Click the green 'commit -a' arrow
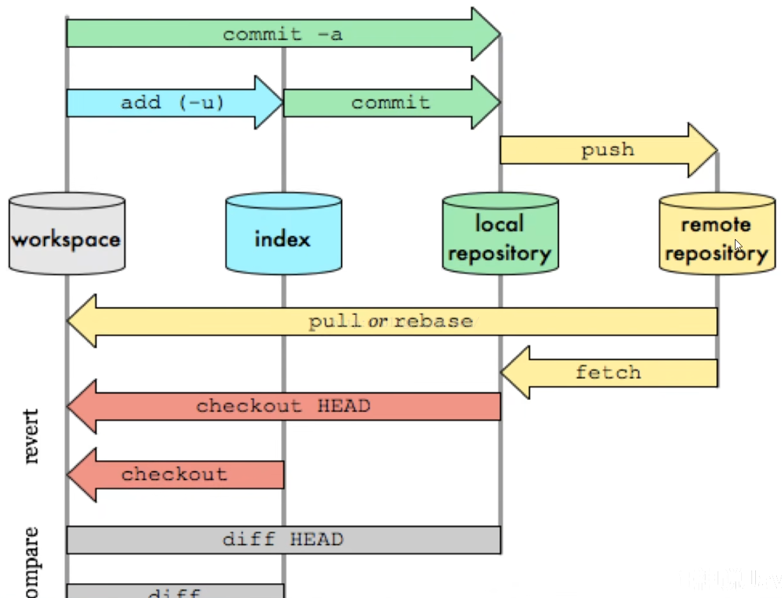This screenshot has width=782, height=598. click(x=282, y=34)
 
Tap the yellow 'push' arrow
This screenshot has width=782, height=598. click(x=607, y=150)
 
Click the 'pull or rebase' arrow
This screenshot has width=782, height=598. click(x=391, y=321)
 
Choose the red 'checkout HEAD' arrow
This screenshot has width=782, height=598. click(x=283, y=406)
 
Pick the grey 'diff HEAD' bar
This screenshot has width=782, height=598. click(x=283, y=540)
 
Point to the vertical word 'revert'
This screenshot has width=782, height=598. click(x=31, y=437)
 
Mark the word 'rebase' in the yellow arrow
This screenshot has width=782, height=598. click(x=433, y=321)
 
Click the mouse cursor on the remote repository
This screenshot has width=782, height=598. click(x=737, y=245)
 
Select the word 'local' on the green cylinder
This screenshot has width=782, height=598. click(x=500, y=223)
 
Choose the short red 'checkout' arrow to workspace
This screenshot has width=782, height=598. click(x=175, y=474)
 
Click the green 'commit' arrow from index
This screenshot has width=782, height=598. click(x=390, y=103)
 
